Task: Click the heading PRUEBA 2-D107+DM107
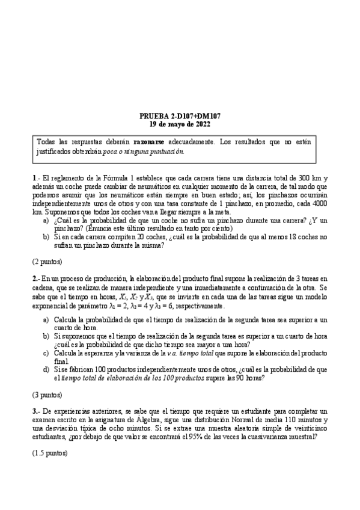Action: pyautogui.click(x=180, y=116)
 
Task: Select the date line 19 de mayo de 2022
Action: pyautogui.click(x=180, y=124)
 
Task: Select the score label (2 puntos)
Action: pyautogui.click(x=47, y=262)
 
